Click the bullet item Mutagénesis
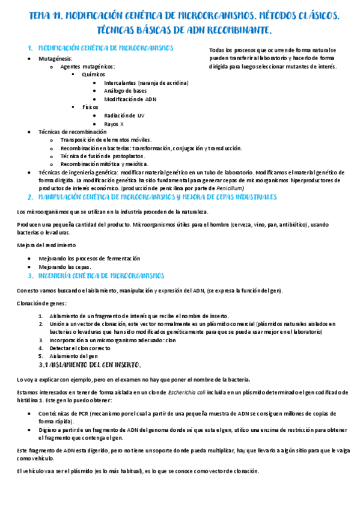56,58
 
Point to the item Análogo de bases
125,91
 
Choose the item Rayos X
114,123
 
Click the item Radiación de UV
124,115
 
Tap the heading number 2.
30,197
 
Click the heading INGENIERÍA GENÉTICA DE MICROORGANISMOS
101,276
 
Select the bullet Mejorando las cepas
65,266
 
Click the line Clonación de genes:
42,303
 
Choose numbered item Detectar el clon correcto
80,348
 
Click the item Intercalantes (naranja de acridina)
146,82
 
